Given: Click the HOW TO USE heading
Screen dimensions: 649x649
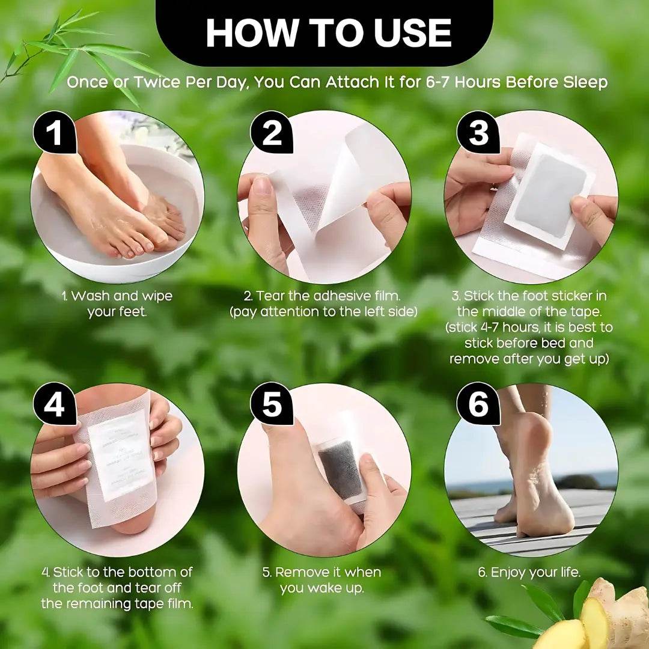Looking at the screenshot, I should (328, 32).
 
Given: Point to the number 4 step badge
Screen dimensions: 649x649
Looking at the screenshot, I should (54, 405).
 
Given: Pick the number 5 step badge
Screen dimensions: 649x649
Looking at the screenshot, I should (272, 405).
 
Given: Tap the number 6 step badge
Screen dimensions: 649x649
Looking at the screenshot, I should (478, 405).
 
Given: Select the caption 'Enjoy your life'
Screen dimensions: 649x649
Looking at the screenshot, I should (529, 572).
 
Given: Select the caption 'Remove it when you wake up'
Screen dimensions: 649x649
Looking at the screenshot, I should (321, 580).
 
